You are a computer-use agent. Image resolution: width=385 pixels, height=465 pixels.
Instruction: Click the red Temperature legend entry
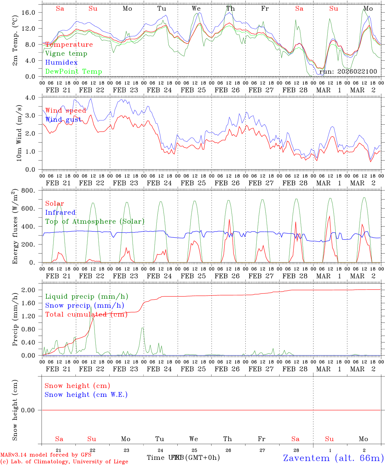pyautogui.click(x=69, y=45)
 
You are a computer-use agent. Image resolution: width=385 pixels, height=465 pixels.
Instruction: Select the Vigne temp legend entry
pyautogui.click(x=66, y=54)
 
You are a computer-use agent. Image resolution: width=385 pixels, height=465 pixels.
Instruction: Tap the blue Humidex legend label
pyautogui.click(x=61, y=63)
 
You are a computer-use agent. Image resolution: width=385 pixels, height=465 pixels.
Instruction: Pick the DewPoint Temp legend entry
pyautogui.click(x=74, y=72)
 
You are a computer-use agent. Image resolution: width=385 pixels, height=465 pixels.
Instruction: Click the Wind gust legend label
pyautogui.click(x=64, y=119)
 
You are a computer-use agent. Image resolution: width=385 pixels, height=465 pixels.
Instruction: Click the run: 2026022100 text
pyautogui.click(x=348, y=72)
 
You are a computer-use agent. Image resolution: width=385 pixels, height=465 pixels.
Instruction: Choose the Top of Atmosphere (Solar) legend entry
pyautogui.click(x=95, y=222)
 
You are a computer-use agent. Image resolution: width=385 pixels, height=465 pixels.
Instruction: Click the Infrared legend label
pyautogui.click(x=60, y=212)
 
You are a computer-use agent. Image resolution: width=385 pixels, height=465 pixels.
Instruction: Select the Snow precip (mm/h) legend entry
pyautogui.click(x=84, y=305)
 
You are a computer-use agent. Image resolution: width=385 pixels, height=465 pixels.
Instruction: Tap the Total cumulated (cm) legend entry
pyautogui.click(x=86, y=315)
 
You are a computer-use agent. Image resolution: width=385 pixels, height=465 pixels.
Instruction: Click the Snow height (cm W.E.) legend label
pyautogui.click(x=86, y=395)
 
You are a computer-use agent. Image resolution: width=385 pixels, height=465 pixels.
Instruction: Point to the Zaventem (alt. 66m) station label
pyautogui.click(x=333, y=458)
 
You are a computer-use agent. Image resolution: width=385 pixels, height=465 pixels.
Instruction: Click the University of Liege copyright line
pyautogui.click(x=64, y=462)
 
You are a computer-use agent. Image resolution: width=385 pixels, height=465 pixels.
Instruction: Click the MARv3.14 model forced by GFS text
pyautogui.click(x=46, y=455)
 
